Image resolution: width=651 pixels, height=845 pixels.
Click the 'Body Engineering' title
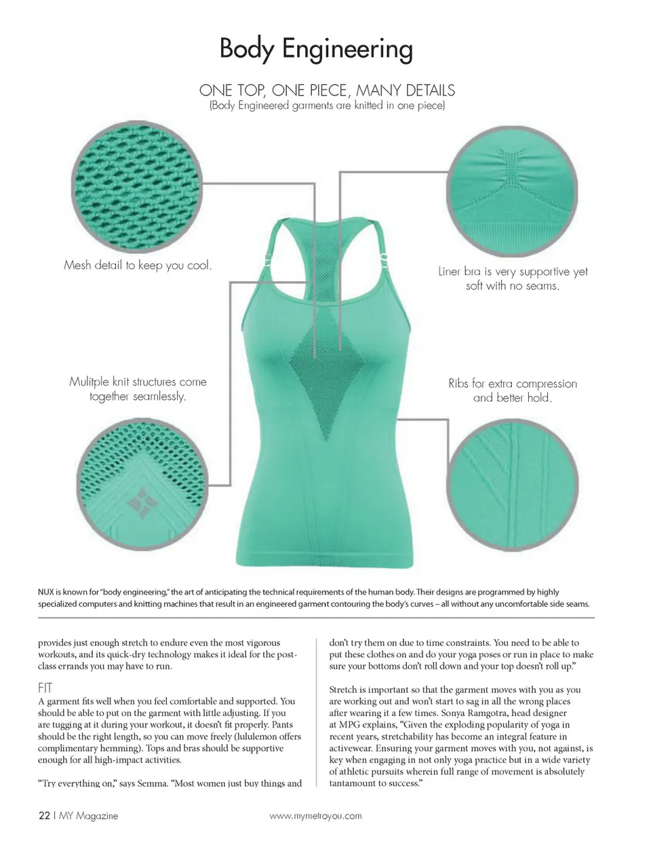pyautogui.click(x=316, y=49)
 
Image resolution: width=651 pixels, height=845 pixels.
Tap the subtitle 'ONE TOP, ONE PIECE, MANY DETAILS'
pyautogui.click(x=327, y=90)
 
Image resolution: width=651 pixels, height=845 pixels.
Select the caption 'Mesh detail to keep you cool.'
pyautogui.click(x=138, y=265)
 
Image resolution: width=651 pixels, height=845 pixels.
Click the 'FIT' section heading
pyautogui.click(x=45, y=688)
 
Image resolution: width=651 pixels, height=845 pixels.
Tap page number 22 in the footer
pyautogui.click(x=44, y=816)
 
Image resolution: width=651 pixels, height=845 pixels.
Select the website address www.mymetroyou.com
pyautogui.click(x=315, y=816)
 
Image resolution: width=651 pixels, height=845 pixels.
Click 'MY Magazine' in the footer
pyautogui.click(x=88, y=816)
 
